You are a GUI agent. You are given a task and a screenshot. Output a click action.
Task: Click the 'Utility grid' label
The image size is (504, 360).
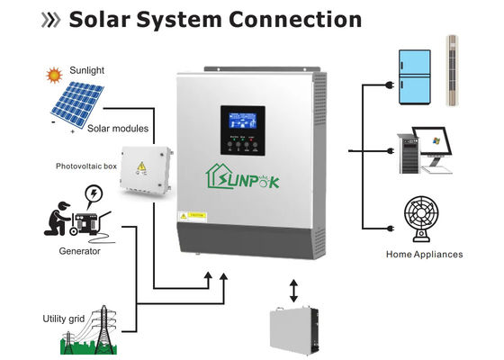pyautogui.click(x=65, y=319)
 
